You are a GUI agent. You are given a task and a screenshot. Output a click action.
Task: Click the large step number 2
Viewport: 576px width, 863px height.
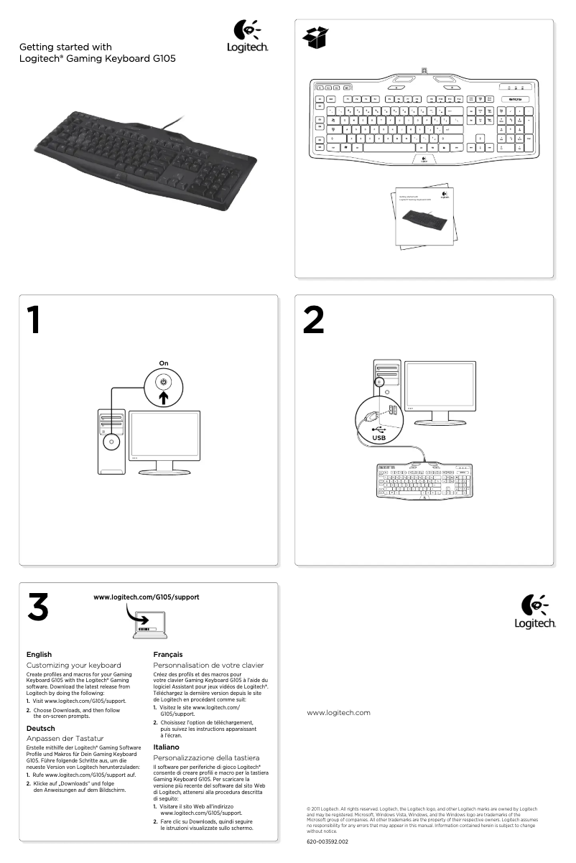click(x=313, y=320)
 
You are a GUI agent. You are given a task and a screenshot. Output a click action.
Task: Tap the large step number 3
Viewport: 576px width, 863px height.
click(x=37, y=607)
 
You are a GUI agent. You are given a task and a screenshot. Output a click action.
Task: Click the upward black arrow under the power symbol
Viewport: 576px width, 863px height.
click(x=164, y=398)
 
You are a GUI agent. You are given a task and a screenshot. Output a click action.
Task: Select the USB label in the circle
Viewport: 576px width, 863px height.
click(x=378, y=437)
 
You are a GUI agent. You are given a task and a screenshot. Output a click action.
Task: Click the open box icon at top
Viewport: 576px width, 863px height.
click(x=316, y=37)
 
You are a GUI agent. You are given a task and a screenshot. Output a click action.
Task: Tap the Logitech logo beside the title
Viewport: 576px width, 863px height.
click(x=248, y=37)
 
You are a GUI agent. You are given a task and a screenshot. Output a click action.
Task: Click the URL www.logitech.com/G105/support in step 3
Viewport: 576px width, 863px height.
click(x=146, y=597)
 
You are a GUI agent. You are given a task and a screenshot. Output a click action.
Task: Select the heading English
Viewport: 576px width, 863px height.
click(x=39, y=655)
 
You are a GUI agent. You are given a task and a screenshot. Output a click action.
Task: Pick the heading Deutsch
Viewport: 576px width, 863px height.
click(x=40, y=729)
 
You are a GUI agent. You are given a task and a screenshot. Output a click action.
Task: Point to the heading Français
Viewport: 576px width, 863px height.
click(x=168, y=655)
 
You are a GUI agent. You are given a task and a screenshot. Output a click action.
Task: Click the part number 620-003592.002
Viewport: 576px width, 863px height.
click(x=327, y=841)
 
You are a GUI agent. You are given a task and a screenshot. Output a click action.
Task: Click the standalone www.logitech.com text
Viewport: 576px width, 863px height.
click(x=338, y=713)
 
